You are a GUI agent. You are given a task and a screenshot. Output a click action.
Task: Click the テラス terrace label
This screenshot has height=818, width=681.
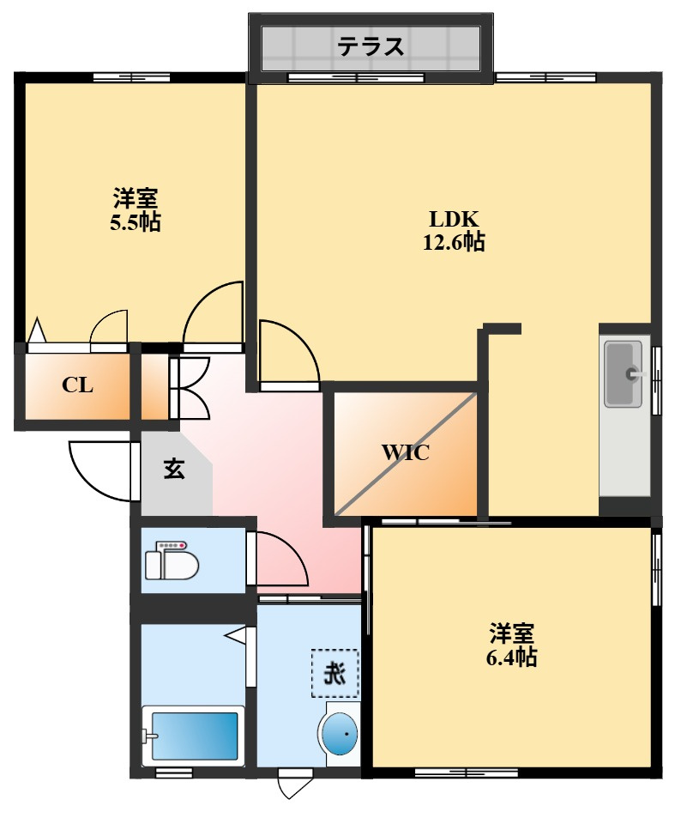coord(371,46)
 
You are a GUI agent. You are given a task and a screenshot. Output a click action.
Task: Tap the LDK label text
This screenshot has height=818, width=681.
coord(453,218)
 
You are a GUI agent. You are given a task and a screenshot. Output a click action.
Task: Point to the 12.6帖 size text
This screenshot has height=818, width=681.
coord(453,243)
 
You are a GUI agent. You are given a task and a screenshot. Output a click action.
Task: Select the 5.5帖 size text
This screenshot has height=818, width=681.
coord(136,222)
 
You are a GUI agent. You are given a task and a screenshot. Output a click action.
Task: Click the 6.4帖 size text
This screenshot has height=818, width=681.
coord(512,657)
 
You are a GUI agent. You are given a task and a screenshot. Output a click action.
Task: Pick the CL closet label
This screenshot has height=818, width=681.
coord(77,385)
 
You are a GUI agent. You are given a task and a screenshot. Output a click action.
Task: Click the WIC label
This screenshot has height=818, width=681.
coord(405,453)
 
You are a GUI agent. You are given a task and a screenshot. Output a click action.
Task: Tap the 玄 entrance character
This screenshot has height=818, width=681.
coord(174,469)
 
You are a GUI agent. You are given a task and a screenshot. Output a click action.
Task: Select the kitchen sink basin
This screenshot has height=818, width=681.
coord(624,374)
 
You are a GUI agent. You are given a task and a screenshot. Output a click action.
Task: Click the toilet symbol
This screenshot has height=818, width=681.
coord(172,563)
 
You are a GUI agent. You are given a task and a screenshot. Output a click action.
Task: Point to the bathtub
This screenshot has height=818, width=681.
coord(194,736)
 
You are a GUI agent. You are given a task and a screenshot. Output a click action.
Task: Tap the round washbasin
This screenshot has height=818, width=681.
coord(340,735)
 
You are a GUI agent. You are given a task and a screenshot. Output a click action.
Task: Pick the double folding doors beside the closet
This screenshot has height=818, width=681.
coord(190,387)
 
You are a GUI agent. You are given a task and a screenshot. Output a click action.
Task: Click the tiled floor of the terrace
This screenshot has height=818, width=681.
coord(446,47)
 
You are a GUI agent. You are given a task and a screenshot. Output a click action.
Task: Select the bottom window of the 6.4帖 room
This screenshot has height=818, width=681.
coord(467,772)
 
